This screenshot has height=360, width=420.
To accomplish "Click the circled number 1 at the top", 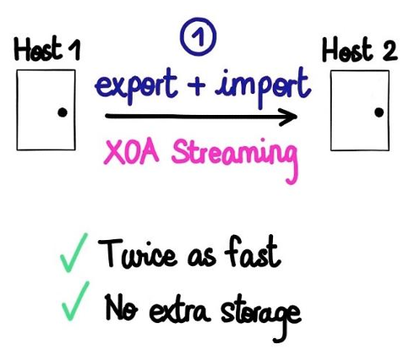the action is [198, 37].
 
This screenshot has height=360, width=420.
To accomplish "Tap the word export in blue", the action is [137, 85].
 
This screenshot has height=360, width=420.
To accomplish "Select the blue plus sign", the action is [197, 85].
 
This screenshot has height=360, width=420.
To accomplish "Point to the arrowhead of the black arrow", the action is [295, 117].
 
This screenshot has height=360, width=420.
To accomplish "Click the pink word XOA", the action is [131, 153].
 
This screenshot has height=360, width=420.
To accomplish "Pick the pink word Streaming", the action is [234, 157].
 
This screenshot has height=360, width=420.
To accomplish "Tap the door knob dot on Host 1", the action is [62, 112].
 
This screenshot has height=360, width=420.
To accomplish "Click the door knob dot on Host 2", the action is [379, 112].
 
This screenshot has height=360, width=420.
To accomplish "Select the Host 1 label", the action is [47, 49].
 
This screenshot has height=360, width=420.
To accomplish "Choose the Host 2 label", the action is [360, 50].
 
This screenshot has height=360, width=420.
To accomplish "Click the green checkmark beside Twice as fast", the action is [73, 253].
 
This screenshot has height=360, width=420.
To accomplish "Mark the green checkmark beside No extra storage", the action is [75, 301].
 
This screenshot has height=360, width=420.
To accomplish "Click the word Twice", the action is [137, 253].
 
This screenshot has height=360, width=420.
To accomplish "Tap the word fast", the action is [252, 252].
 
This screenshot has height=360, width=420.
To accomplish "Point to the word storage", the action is [261, 316].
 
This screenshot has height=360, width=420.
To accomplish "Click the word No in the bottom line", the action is [121, 308].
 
